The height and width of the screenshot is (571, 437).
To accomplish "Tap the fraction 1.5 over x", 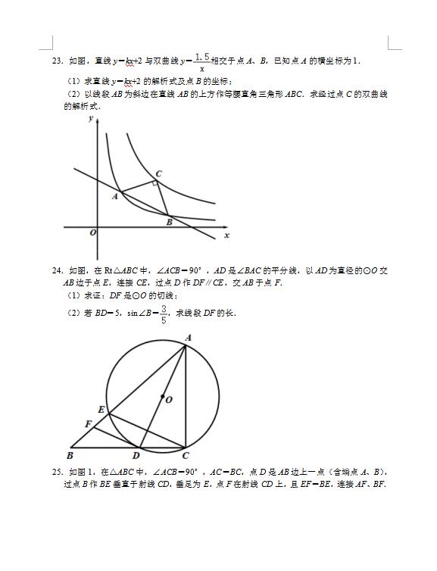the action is point(201,61).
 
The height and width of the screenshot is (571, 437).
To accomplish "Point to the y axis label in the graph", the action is point(91,119).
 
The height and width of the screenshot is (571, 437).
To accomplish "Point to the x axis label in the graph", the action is point(226,236).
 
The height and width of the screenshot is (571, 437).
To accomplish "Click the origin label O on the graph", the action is point(92,232).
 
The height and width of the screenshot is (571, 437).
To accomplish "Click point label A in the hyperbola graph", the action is point(114,197).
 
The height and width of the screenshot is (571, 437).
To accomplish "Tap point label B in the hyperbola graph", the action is point(169,223).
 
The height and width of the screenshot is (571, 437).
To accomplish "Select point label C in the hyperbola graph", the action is point(158,173).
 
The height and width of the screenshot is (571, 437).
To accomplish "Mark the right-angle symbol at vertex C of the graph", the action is point(155,183).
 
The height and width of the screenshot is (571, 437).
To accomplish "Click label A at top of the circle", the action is point(188,338).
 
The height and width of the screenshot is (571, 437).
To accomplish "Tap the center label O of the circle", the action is point(168,399).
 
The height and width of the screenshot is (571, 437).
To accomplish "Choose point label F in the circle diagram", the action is point(88,423).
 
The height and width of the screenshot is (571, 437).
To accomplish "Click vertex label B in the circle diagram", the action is point(70,455).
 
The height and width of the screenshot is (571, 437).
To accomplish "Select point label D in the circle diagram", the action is point(136,455).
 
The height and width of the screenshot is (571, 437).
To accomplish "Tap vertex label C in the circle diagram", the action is point(186,455).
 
